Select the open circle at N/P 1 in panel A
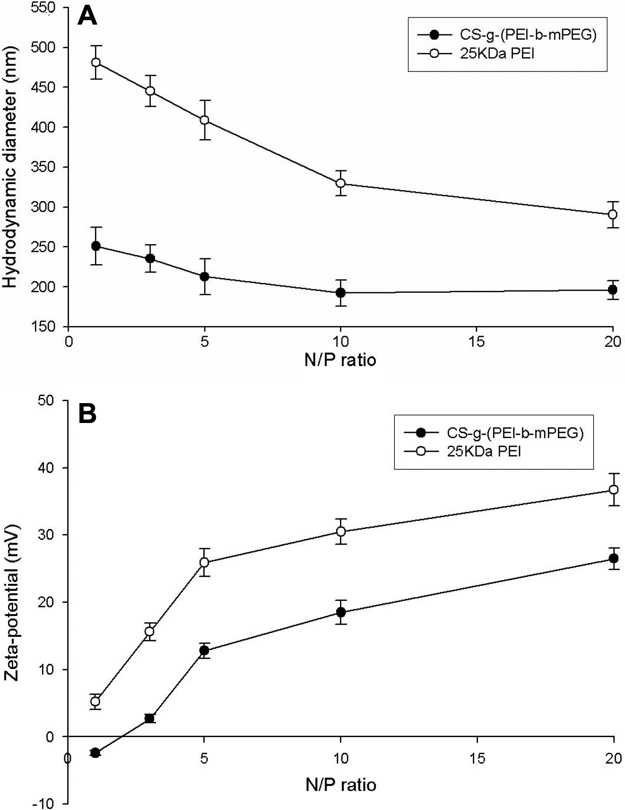(x=96, y=62)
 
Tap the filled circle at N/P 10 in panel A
(x=340, y=293)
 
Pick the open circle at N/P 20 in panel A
(x=613, y=214)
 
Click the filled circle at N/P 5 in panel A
(x=205, y=276)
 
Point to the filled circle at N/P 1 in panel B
(x=95, y=752)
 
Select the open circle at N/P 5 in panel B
(x=205, y=563)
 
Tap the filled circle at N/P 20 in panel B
(x=614, y=558)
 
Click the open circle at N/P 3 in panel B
(x=150, y=631)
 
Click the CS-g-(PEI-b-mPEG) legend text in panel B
(x=515, y=432)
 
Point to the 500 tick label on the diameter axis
(x=43, y=47)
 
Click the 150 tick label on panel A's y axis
(x=43, y=326)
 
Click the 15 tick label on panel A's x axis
(x=477, y=342)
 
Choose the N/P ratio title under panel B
(x=340, y=785)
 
